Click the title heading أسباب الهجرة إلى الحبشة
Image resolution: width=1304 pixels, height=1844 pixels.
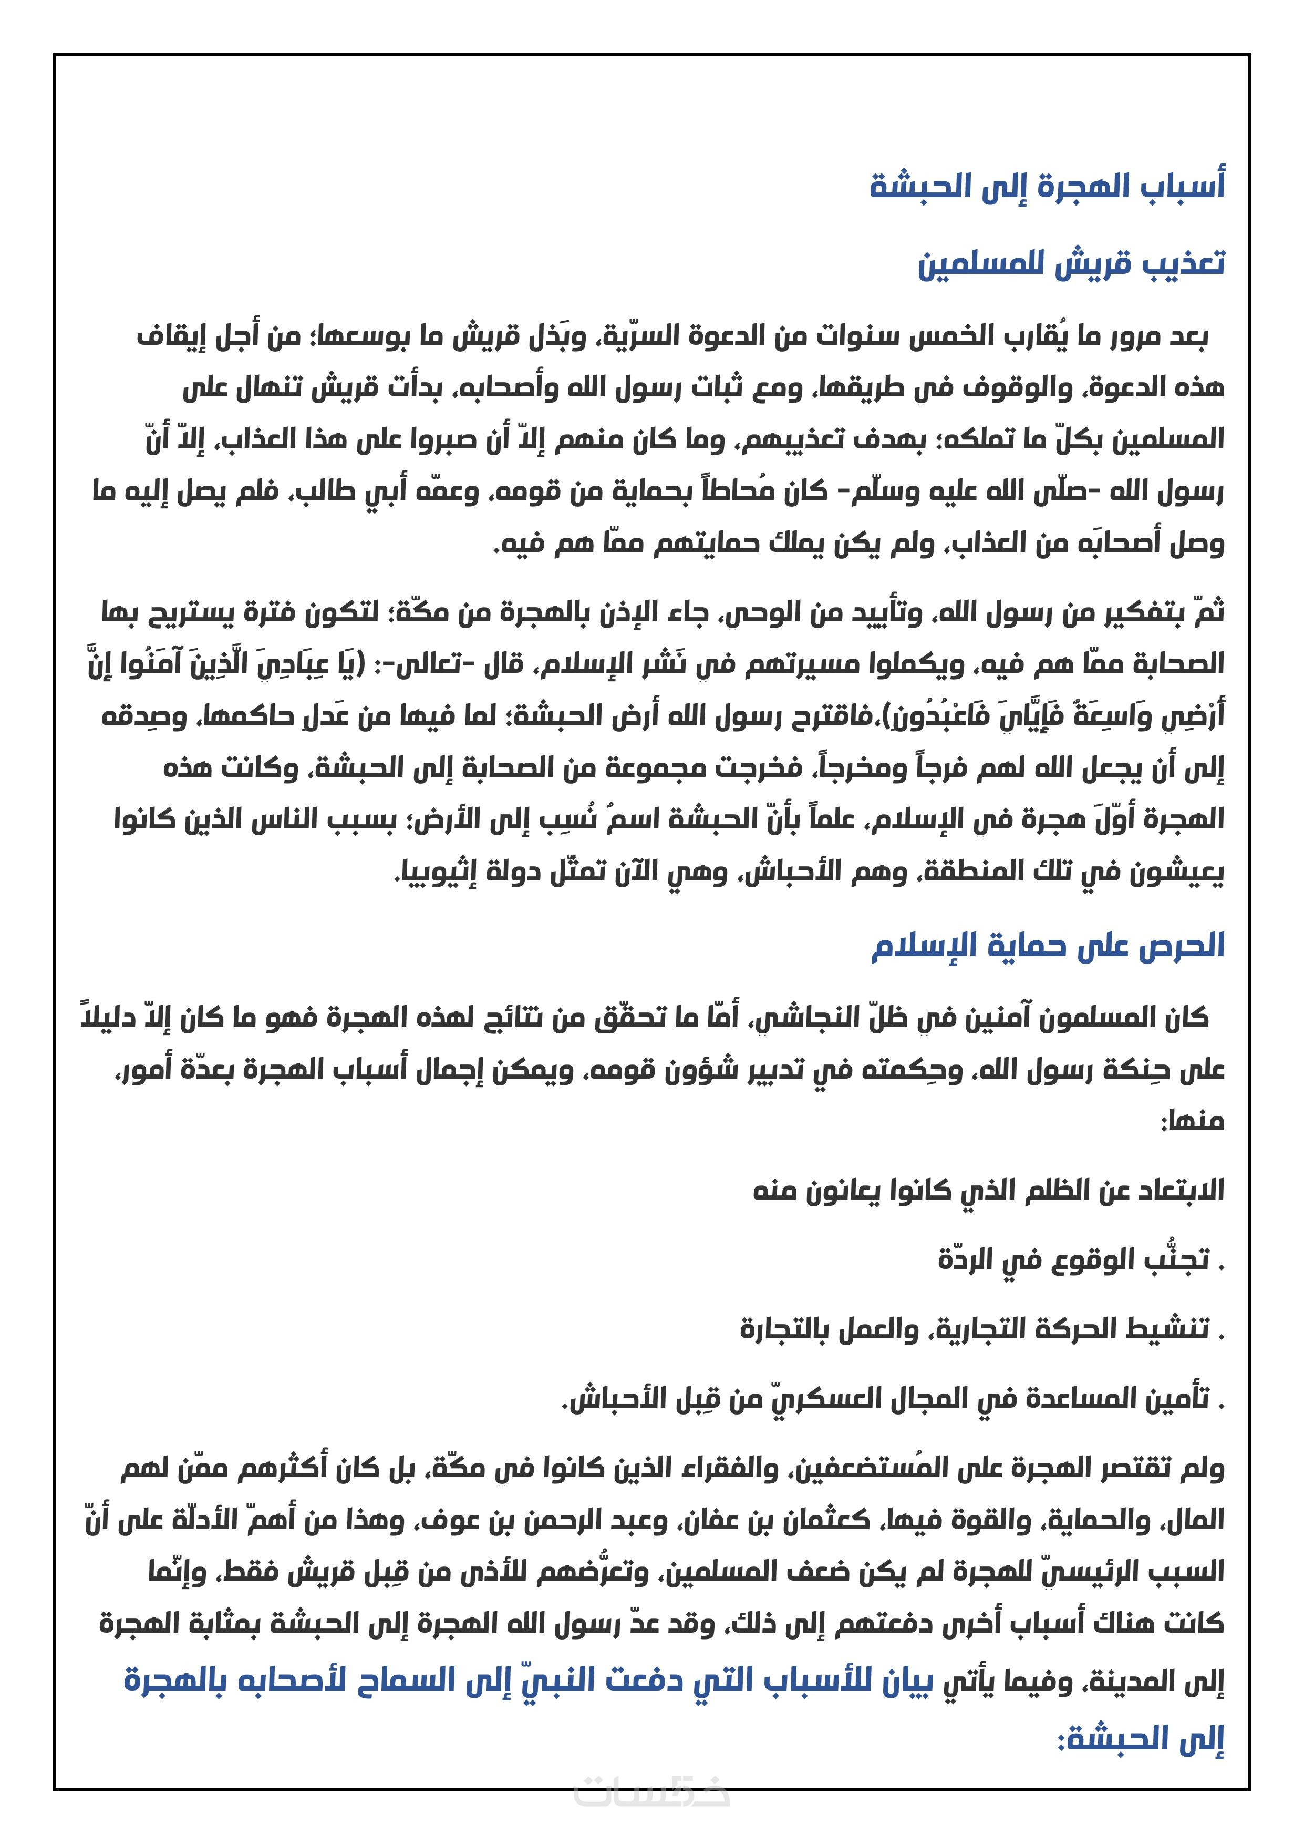tap(1047, 186)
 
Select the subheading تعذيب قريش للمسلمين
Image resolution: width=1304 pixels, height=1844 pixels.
tap(1071, 263)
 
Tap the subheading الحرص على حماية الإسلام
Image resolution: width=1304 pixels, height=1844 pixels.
tap(1048, 945)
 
